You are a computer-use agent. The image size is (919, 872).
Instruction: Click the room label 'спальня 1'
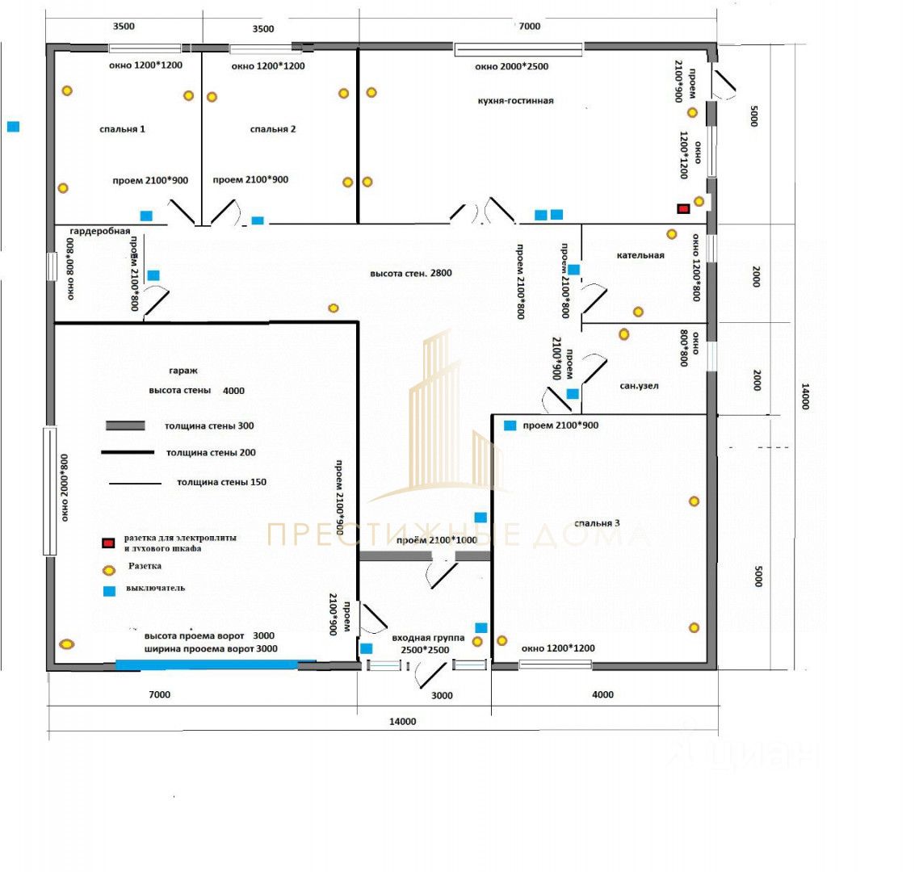tap(123, 129)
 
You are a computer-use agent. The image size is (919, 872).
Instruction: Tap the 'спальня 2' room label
tap(273, 129)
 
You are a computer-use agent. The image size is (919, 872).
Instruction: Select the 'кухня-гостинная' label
tap(516, 101)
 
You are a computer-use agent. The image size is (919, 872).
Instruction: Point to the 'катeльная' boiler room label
tap(640, 255)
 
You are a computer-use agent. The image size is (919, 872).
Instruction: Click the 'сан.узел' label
tap(639, 386)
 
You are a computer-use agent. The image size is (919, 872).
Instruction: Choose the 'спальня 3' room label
tap(597, 523)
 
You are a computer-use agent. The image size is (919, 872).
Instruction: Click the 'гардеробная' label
tap(100, 231)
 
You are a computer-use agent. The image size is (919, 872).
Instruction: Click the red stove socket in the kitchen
tap(683, 209)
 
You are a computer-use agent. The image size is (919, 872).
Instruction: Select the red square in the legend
tap(108, 543)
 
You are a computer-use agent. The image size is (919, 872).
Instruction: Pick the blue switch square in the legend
tap(109, 591)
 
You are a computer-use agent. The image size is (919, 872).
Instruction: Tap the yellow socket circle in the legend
tap(108, 568)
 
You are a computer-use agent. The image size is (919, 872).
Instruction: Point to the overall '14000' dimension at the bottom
tap(402, 722)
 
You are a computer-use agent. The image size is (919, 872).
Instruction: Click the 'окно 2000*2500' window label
tap(512, 66)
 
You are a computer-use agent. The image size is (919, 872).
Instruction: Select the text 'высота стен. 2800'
tap(411, 274)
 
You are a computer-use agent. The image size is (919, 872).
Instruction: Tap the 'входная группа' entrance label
tap(428, 638)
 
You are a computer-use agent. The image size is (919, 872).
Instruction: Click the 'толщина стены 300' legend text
tap(209, 426)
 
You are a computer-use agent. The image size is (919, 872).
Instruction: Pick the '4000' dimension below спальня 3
tap(602, 694)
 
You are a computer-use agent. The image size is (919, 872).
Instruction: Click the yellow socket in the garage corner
tap(66, 644)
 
